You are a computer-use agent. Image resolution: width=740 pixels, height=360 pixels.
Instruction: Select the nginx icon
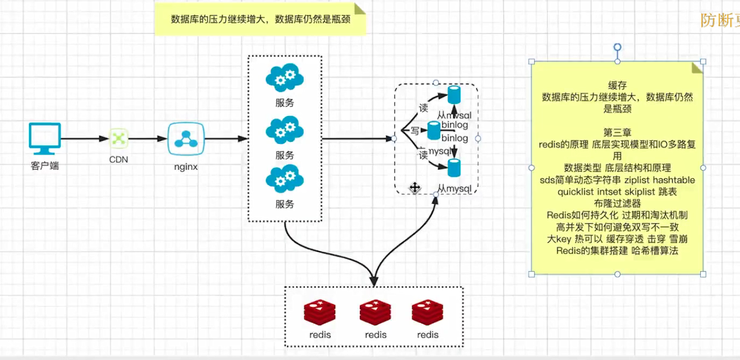pos(186,138)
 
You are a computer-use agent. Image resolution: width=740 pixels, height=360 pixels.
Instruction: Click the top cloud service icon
pos(284,78)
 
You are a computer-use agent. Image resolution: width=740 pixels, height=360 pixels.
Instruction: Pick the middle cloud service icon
pos(284,131)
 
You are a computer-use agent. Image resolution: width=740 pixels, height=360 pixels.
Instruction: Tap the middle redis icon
pos(375,312)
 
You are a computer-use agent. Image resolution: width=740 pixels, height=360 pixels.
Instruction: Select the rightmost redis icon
pos(427,312)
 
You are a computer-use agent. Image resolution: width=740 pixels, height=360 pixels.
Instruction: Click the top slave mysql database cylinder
pos(454,95)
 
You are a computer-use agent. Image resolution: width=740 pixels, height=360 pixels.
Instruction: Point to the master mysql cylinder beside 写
pos(433,131)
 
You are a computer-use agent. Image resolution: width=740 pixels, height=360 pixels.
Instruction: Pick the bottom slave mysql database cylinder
pos(454,168)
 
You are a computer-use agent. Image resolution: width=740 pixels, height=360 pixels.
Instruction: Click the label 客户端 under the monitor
pos(45,165)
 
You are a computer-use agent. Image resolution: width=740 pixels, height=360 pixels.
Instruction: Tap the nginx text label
pos(186,166)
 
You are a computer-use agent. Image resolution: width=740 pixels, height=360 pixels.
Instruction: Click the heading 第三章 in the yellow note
pos(617,133)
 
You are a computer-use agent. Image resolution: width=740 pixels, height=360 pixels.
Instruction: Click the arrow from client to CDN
pos(85,138)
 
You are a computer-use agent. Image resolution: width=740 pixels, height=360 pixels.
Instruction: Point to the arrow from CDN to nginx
pos(148,138)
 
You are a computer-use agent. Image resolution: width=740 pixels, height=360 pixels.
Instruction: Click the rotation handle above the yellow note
pos(617,47)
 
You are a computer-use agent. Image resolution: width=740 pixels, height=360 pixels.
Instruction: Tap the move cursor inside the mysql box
pos(415,188)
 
